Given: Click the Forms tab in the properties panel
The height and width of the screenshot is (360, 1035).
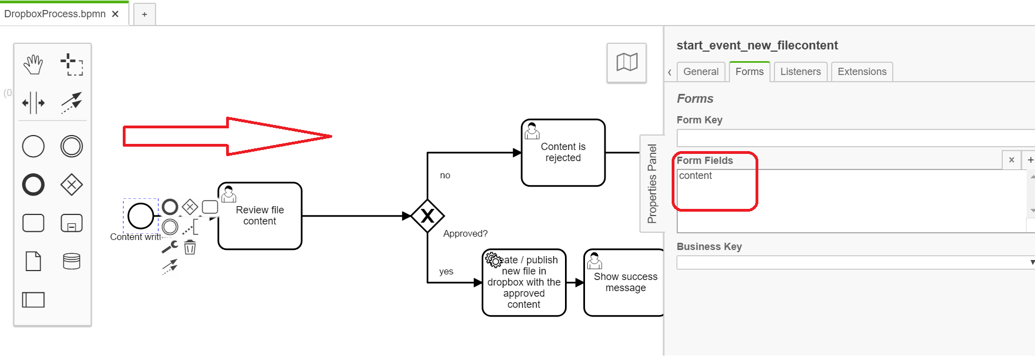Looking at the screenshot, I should click(x=749, y=72).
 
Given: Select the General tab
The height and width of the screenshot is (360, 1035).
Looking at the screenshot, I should click(x=701, y=72).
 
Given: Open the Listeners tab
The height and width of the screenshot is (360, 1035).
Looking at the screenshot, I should click(x=800, y=72).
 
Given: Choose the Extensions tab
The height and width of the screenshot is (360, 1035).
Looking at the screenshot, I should click(x=862, y=72).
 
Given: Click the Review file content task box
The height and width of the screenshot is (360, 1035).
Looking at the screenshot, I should click(x=260, y=216).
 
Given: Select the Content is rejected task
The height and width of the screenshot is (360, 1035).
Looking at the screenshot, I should click(x=563, y=153).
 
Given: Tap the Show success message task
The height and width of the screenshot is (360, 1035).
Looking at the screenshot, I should click(x=625, y=282).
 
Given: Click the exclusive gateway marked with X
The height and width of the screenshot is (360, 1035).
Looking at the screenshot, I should click(x=427, y=216).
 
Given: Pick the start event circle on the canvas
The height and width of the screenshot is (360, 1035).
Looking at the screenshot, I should click(x=141, y=216).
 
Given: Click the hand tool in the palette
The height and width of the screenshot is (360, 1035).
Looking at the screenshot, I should click(x=33, y=64).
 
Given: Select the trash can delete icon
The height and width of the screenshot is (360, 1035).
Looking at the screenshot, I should click(x=190, y=247).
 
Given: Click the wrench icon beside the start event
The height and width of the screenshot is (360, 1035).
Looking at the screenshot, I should click(x=169, y=247).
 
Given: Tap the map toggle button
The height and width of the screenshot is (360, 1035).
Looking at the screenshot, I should click(x=627, y=62).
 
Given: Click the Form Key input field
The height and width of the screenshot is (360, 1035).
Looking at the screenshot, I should click(x=854, y=138).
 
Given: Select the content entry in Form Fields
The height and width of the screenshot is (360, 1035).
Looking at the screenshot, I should click(x=695, y=176).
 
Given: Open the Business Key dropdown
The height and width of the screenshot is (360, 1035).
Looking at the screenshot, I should click(x=854, y=262).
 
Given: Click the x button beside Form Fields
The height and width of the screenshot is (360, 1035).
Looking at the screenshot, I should click(x=1011, y=160).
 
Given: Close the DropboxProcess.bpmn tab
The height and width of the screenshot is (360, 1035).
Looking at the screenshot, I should click(x=115, y=14).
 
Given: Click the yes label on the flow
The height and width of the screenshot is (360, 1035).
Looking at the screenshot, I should click(x=446, y=271).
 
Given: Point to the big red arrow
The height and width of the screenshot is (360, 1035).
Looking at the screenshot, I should click(x=227, y=136).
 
